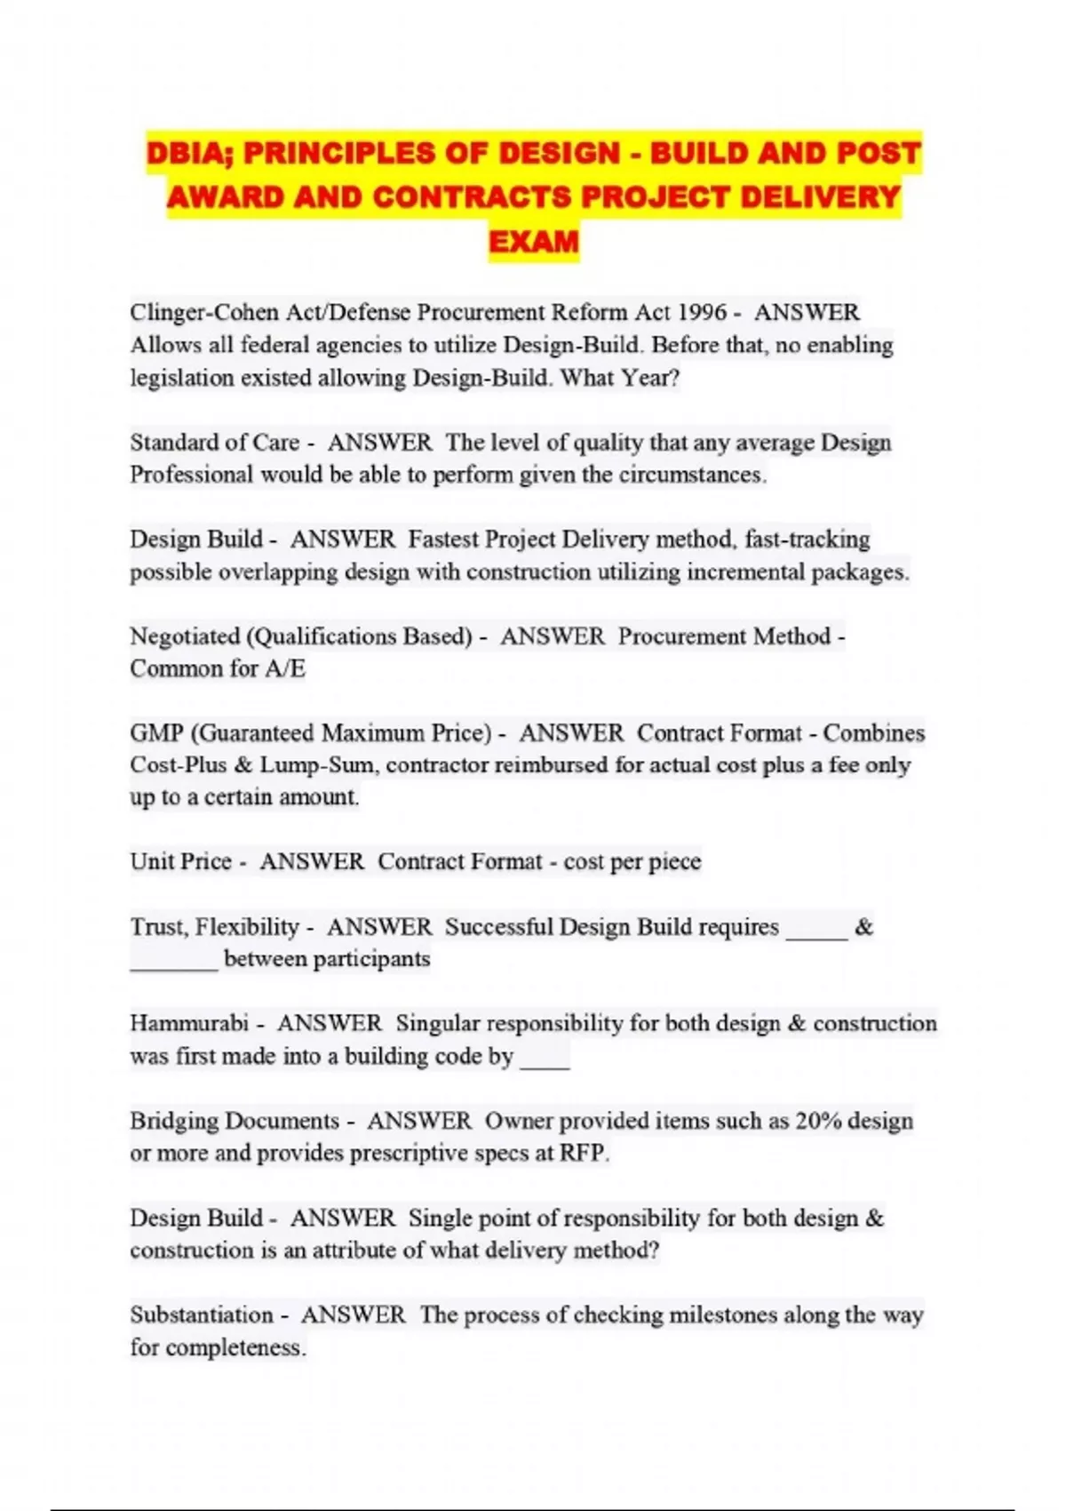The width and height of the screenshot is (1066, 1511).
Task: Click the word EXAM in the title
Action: click(533, 241)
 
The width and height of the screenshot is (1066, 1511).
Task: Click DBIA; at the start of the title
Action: click(190, 153)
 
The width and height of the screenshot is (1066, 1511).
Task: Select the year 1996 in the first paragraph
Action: click(702, 313)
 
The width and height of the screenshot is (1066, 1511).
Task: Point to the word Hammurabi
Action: click(188, 1024)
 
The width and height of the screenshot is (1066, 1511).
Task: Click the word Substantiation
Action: click(202, 1315)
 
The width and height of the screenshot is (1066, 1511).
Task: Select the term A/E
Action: click(285, 668)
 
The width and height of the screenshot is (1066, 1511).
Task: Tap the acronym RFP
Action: click(583, 1154)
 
